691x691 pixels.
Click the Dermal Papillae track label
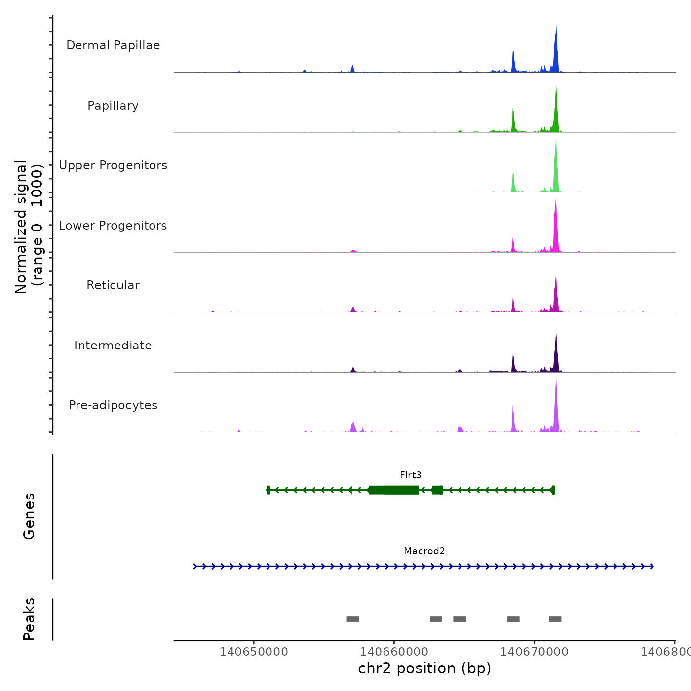113,45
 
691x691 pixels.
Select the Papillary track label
113,106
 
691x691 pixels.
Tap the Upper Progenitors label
113,165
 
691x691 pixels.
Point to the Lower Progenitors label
113,226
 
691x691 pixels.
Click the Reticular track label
113,285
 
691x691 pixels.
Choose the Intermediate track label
113,345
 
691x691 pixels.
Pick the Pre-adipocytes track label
113,405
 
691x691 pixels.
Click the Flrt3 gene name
410,475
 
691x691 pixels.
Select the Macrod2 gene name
424,551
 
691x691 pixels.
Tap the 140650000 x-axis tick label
254,652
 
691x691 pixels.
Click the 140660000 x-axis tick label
394,652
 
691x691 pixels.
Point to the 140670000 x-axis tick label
534,652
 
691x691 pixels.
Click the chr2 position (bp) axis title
424,668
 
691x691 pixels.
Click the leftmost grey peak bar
353,619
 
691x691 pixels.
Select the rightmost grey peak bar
555,619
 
